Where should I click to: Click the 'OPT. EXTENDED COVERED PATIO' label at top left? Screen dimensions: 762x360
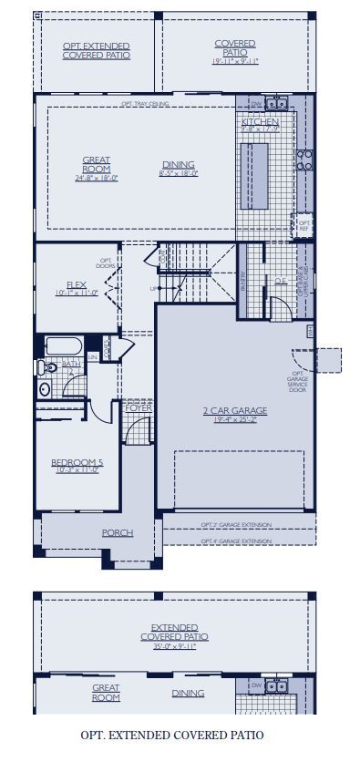click(x=96, y=50)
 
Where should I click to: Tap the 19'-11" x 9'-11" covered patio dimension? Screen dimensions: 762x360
click(x=235, y=62)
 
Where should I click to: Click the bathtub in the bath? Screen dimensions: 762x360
click(x=63, y=347)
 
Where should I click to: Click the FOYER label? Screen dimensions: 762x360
click(x=139, y=408)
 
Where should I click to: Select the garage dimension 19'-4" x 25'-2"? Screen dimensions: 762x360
click(x=234, y=420)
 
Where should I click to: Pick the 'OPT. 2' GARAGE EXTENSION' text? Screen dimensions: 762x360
click(x=235, y=526)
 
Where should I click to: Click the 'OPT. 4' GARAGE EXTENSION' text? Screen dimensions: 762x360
click(x=235, y=541)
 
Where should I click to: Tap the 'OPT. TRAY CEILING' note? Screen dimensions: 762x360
click(x=144, y=104)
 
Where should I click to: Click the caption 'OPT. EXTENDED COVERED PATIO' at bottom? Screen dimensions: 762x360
click(x=172, y=734)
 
